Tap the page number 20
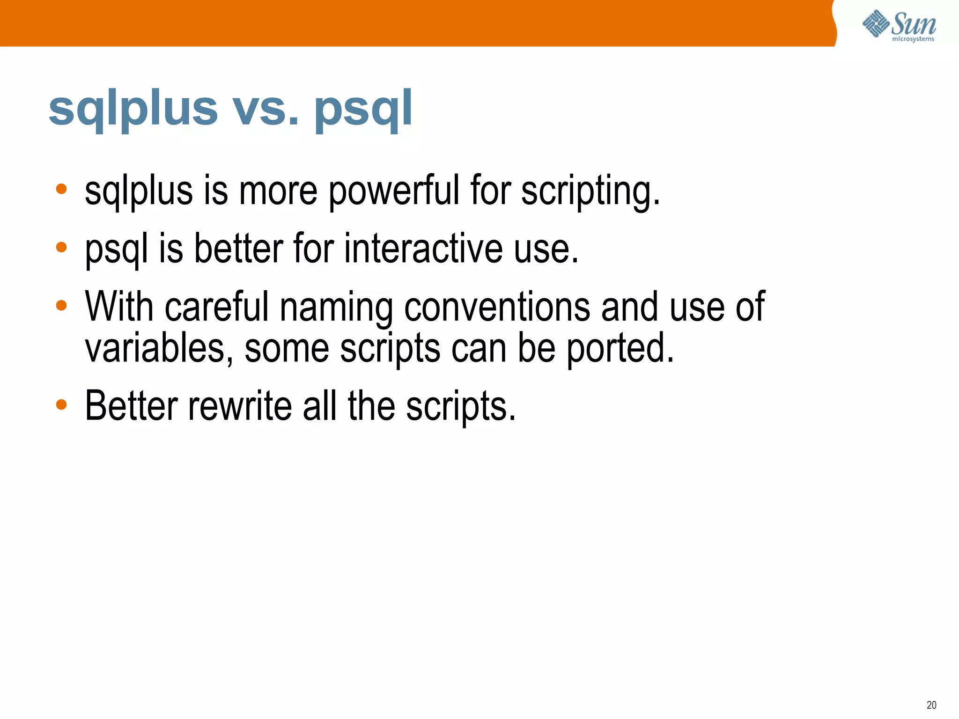click(x=931, y=705)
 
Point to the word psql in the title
click(x=363, y=109)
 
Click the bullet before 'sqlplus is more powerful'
click(x=61, y=189)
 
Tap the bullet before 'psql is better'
click(x=61, y=247)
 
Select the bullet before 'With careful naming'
click(x=61, y=306)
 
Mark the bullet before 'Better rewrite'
click(x=61, y=404)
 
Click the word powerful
click(x=394, y=191)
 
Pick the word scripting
click(x=590, y=191)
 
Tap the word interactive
click(x=424, y=249)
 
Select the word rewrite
click(x=240, y=405)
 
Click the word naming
click(x=336, y=308)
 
